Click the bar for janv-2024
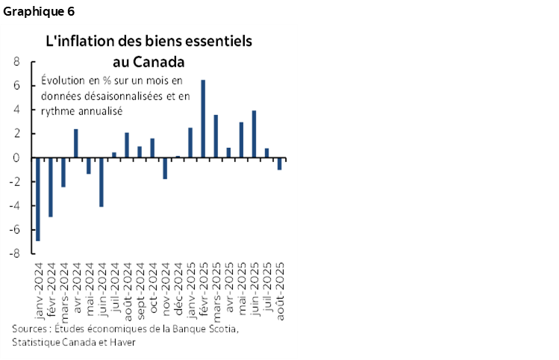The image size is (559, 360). (37, 199)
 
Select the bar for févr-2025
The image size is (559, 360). (203, 119)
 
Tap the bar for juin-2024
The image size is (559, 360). (101, 181)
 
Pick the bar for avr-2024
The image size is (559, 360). (75, 143)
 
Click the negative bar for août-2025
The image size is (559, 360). (279, 164)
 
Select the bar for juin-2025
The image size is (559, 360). (254, 134)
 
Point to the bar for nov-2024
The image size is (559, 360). (165, 168)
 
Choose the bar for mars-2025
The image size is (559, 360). (216, 136)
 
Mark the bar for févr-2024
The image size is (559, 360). (50, 187)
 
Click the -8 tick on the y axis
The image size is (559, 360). (13, 253)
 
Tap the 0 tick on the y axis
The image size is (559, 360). (16, 158)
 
